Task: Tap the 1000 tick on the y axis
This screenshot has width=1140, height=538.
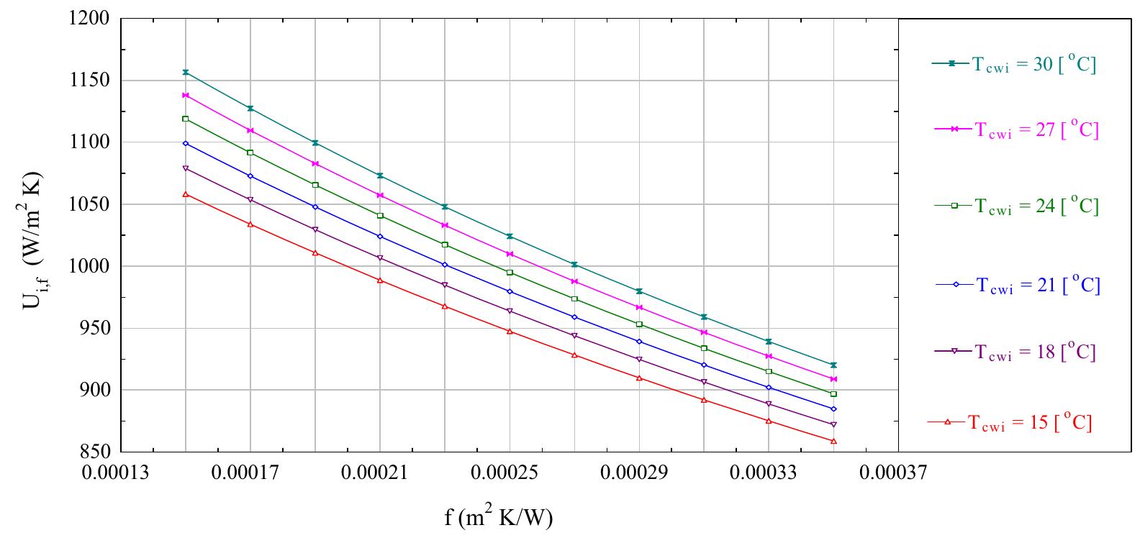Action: pos(89,266)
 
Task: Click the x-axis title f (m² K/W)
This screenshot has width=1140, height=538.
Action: pos(499,517)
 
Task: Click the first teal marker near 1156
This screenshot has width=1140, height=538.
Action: pos(186,72)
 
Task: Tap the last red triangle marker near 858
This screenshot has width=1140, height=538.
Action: pos(833,441)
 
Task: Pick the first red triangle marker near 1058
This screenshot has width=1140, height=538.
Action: pos(186,194)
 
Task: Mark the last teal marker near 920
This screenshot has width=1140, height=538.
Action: pos(833,365)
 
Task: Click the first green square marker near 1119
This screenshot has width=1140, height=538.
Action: pos(186,119)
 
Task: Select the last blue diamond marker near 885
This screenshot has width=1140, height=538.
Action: pos(833,409)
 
